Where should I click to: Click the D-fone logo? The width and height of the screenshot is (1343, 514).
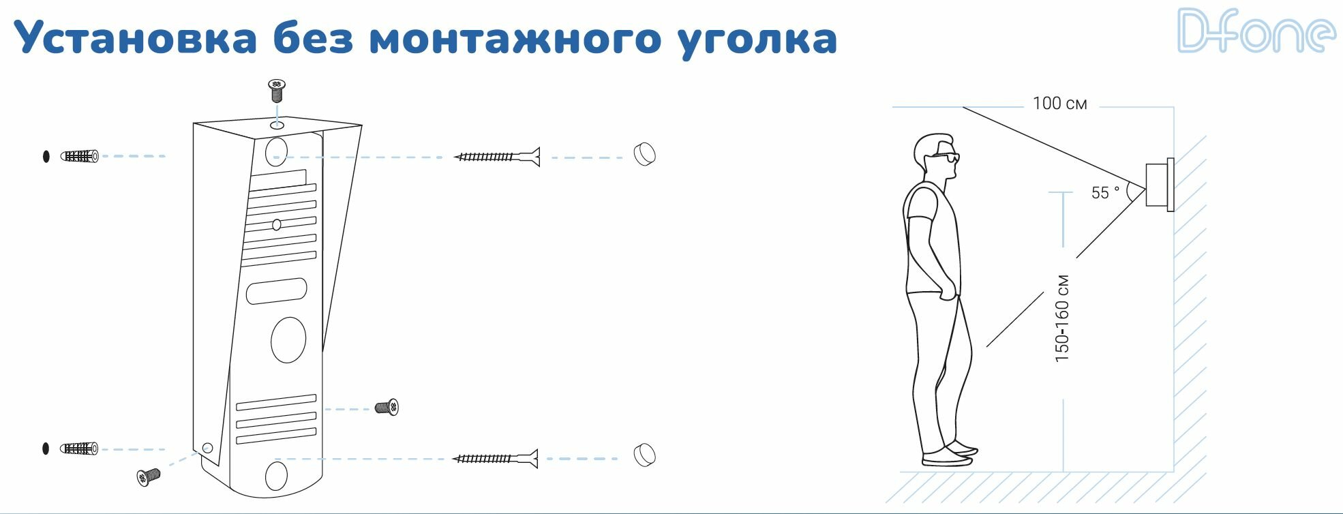(x=1256, y=31)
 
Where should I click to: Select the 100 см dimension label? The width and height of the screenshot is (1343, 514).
(x=1059, y=104)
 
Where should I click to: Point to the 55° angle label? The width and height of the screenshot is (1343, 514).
(x=1104, y=193)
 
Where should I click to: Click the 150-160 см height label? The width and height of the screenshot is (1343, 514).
(x=1061, y=318)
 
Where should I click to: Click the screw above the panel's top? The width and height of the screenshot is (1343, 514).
(x=276, y=89)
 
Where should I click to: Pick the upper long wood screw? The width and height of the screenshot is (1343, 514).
(x=497, y=157)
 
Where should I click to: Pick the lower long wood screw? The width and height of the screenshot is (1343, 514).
(x=496, y=458)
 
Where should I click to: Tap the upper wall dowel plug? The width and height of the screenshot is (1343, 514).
(x=80, y=156)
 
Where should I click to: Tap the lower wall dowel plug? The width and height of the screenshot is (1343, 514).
(x=79, y=449)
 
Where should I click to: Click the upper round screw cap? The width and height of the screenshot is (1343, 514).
(x=644, y=154)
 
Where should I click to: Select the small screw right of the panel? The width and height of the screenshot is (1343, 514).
(x=387, y=408)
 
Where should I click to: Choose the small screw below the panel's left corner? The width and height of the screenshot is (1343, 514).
(x=148, y=476)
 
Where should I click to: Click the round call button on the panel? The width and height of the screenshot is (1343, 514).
(x=288, y=339)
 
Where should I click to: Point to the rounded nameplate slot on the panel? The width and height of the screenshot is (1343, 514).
(x=277, y=291)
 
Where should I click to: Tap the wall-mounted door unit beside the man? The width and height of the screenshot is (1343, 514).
(x=1158, y=184)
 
